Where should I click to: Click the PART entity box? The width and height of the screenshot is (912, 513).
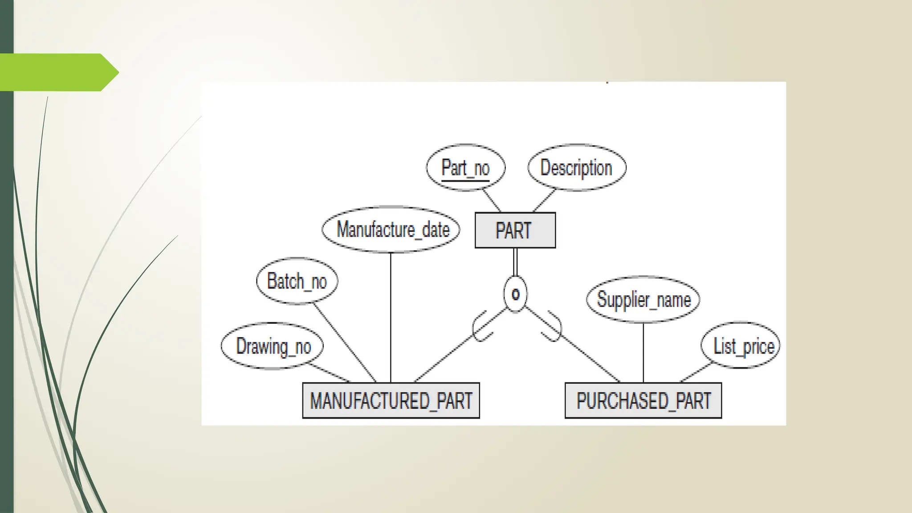pos(515,230)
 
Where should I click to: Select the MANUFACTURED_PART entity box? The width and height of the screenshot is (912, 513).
pos(391,400)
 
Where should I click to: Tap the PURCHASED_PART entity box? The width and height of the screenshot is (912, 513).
pos(643,400)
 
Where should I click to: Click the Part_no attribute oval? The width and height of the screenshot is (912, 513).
pos(465,167)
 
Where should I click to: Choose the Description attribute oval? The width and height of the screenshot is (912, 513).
pos(577,167)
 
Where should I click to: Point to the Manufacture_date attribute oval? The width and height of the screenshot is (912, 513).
pos(391,229)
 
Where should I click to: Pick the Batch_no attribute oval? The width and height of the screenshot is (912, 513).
pos(297,281)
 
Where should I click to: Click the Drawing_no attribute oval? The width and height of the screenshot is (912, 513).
pos(272,346)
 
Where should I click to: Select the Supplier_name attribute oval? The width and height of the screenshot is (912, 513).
pos(643,299)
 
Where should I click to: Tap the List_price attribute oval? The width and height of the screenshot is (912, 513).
pos(741,346)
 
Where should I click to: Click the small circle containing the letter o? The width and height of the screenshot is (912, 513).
pos(515,294)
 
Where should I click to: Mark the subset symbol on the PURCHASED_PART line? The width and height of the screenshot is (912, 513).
pos(551,327)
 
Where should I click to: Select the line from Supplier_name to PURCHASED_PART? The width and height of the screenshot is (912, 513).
pos(643,352)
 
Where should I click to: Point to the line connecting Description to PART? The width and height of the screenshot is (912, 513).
pos(544,200)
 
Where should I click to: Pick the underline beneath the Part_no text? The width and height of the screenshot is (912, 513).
pos(465,181)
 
